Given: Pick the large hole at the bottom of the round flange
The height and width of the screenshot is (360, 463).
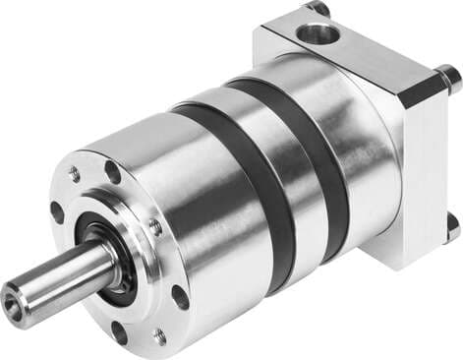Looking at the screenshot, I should (119, 331).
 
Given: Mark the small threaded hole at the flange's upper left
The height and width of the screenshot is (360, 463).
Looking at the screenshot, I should (75, 174).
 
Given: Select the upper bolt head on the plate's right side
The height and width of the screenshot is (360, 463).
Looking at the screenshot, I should (447, 76).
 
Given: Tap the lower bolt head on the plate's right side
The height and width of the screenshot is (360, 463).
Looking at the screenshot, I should (451, 226).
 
